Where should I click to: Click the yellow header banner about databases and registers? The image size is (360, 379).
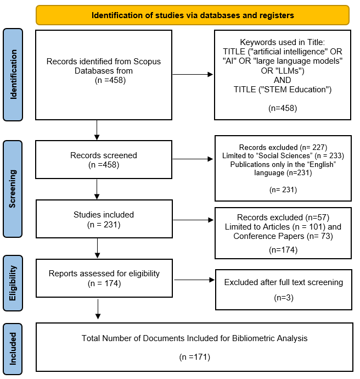[x=193, y=15]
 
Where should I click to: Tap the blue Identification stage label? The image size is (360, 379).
[x=13, y=75]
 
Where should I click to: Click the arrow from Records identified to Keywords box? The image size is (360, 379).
[x=193, y=75]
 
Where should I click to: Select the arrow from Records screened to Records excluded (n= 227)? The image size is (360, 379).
[x=193, y=159]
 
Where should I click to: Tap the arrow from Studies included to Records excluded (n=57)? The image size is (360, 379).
[x=193, y=221]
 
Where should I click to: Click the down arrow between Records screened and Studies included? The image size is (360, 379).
[x=97, y=189]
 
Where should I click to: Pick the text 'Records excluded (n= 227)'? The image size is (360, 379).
[x=283, y=147]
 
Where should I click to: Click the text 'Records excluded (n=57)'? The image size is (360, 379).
[x=283, y=217]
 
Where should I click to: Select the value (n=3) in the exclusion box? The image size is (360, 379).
[x=283, y=298]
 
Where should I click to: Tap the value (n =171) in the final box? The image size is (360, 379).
[x=194, y=357]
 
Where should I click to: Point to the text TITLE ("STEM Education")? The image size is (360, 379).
[x=283, y=90]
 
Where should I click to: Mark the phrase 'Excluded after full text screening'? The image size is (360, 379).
[x=283, y=282]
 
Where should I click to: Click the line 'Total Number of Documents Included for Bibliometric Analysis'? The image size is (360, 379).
[x=194, y=338]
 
